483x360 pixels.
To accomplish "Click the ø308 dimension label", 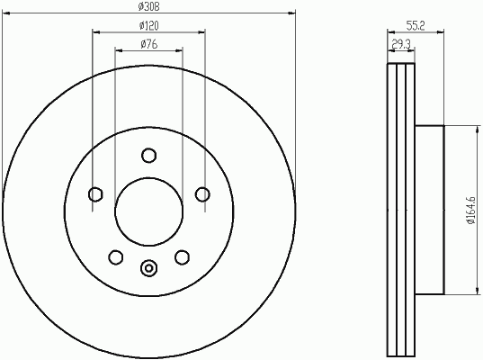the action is [148, 6].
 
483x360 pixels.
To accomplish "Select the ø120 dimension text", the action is [148, 25].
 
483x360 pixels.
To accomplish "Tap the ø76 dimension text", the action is [149, 44].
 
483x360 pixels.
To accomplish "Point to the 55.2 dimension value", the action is [416, 26].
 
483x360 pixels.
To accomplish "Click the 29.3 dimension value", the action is [401, 45].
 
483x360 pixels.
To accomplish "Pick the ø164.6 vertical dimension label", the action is [471, 211].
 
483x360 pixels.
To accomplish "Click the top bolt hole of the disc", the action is [148, 156].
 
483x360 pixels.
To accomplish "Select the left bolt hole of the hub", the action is [95, 194].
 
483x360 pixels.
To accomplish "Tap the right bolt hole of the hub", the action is [202, 194].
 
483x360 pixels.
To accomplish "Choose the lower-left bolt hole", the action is [116, 257].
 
